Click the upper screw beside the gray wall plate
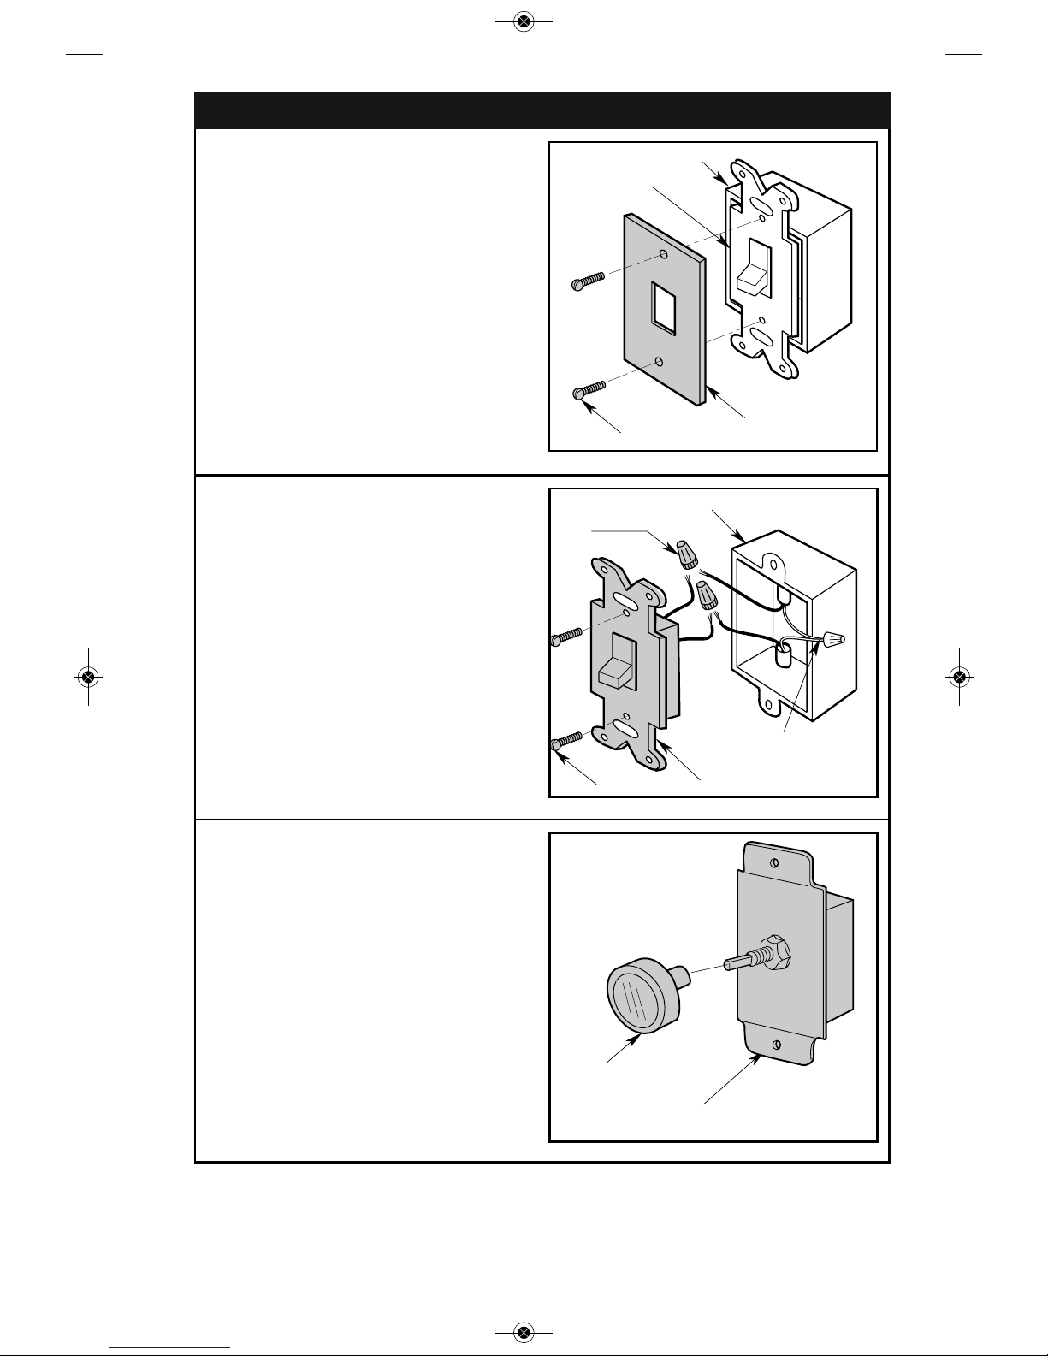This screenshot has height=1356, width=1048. click(588, 280)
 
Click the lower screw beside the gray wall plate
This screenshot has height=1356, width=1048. click(588, 390)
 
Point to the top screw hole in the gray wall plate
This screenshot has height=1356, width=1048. click(664, 256)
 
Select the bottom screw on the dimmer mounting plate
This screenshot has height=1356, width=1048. click(776, 1045)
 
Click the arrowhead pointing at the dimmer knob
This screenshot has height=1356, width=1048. click(636, 1038)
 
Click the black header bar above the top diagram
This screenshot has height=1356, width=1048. click(542, 110)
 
